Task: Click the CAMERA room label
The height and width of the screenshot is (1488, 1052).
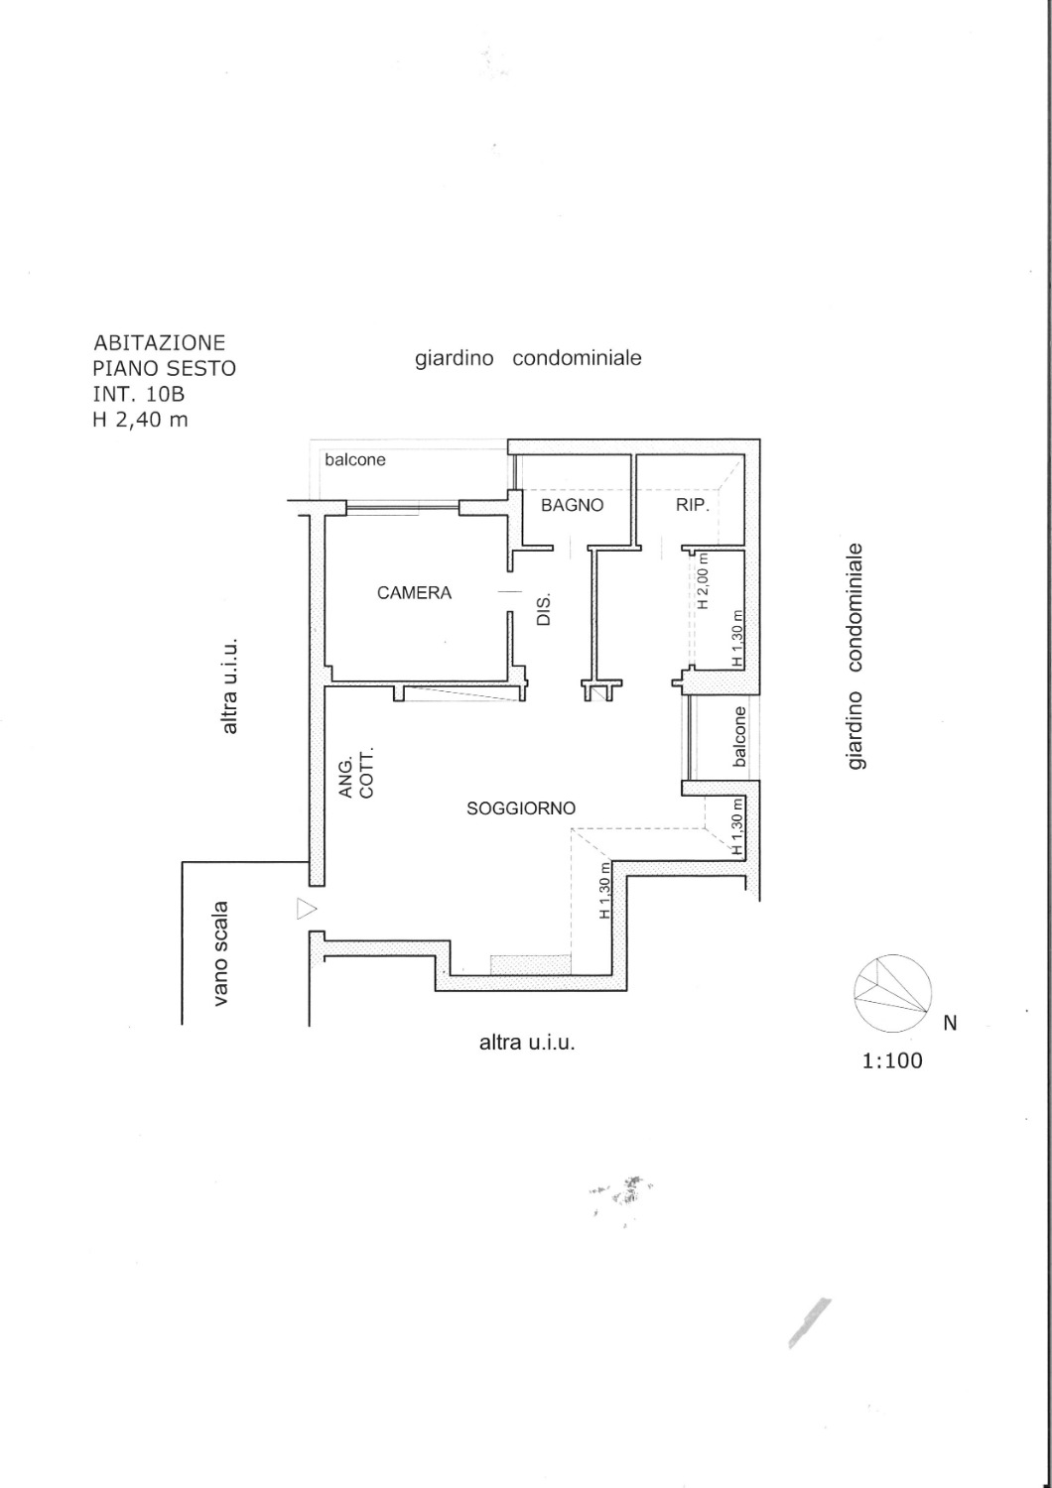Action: pyautogui.click(x=414, y=592)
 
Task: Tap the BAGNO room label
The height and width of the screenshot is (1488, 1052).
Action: pyautogui.click(x=573, y=505)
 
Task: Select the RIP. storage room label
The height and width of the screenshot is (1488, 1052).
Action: pyautogui.click(x=693, y=505)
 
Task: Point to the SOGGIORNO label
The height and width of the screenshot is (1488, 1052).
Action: pyautogui.click(x=521, y=808)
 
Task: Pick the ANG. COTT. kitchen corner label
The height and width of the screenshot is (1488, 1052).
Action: pyautogui.click(x=357, y=773)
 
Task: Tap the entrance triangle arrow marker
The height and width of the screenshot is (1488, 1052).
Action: pyautogui.click(x=307, y=909)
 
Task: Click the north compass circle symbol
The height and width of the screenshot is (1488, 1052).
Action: pyautogui.click(x=892, y=994)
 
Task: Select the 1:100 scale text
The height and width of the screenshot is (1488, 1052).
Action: pyautogui.click(x=892, y=1060)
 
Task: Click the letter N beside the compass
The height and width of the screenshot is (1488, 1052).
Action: pyautogui.click(x=951, y=1024)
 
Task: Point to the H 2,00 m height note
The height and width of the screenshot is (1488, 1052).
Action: pyautogui.click(x=703, y=580)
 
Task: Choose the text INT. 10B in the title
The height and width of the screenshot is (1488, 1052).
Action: pyautogui.click(x=139, y=394)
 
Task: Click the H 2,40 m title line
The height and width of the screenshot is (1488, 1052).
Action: pyautogui.click(x=141, y=420)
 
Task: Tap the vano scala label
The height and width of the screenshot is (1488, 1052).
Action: pyautogui.click(x=221, y=952)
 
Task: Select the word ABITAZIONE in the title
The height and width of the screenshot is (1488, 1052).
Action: pyautogui.click(x=160, y=343)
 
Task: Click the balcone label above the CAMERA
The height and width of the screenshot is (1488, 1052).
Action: pyautogui.click(x=355, y=459)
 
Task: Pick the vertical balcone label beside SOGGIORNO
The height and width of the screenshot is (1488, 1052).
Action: pyautogui.click(x=739, y=737)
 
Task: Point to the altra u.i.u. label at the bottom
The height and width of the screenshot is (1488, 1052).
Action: pyautogui.click(x=527, y=1043)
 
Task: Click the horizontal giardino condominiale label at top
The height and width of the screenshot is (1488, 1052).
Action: pyautogui.click(x=528, y=359)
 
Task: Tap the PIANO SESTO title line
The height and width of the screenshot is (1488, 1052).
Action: pyautogui.click(x=165, y=368)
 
